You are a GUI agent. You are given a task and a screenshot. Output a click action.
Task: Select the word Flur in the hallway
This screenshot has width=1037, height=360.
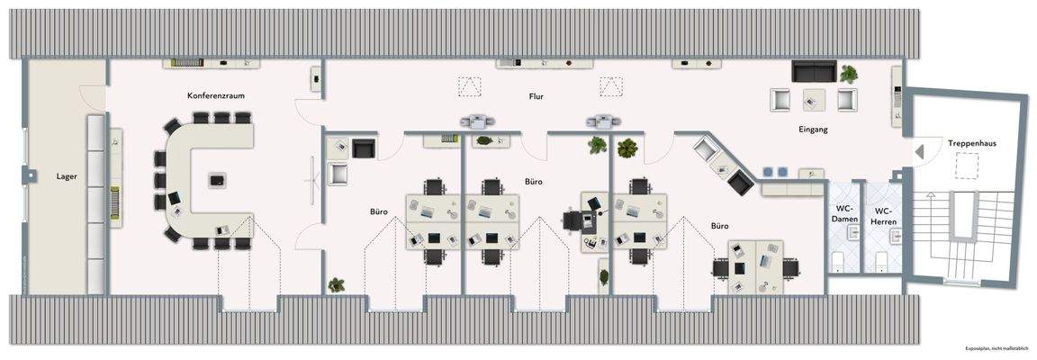[537, 95]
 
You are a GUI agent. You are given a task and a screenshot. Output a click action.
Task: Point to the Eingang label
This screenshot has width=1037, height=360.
[812, 130]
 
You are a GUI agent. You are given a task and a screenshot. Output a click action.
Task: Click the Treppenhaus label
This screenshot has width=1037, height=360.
[971, 142]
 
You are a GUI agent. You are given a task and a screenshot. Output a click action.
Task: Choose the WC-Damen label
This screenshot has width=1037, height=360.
[843, 214]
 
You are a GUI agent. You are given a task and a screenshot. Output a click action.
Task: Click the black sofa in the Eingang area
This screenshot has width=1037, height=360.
[814, 71]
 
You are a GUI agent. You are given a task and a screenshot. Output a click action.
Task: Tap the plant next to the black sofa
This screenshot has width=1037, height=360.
[848, 74]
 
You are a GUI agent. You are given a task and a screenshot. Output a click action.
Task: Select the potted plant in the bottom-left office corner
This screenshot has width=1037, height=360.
[337, 284]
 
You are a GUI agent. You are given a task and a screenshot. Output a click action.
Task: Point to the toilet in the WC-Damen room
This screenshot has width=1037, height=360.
[837, 261]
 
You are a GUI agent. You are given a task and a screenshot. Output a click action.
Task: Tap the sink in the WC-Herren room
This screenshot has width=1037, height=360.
[897, 236]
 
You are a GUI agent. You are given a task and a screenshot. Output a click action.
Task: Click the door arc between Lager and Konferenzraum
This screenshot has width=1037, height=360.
[95, 95]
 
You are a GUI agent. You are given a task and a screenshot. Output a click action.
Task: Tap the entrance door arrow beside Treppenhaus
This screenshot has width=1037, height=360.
[919, 152]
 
